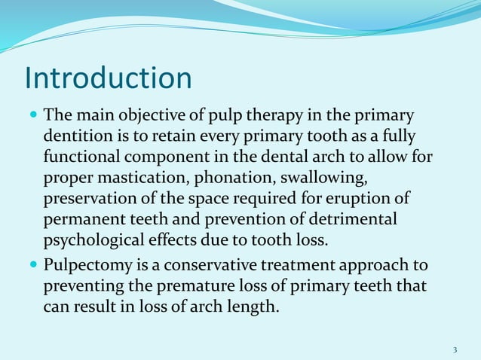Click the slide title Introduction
[x=109, y=78]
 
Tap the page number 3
[x=455, y=349]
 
